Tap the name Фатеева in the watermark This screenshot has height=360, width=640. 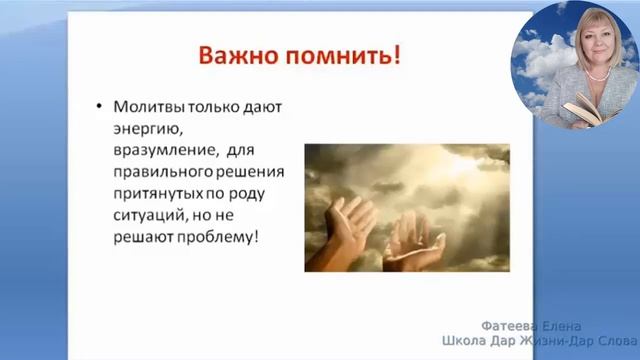click(511, 325)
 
